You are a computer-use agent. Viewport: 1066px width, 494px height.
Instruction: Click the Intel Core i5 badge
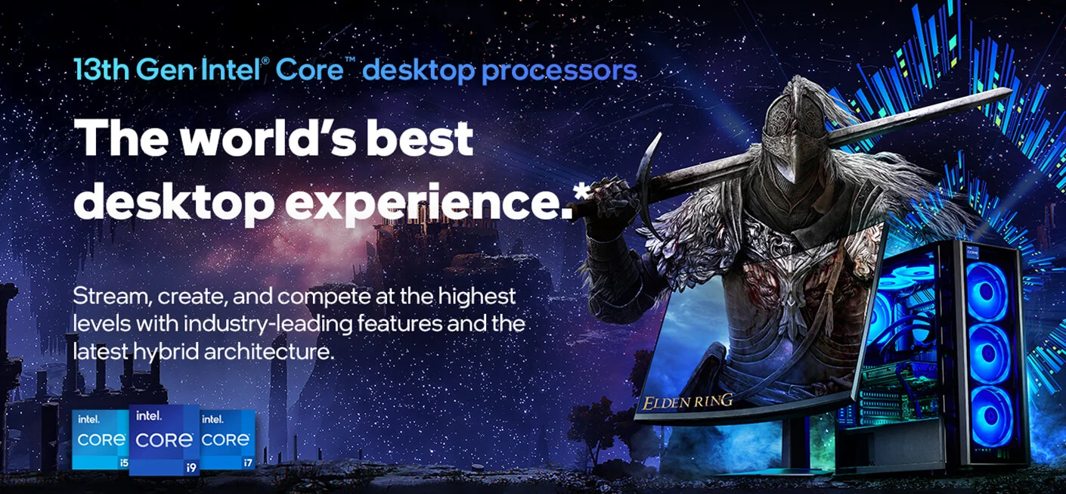pos(101,440)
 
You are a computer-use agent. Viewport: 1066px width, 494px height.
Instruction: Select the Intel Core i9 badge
pos(164,440)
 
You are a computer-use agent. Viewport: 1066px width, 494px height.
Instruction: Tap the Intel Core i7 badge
pos(228,440)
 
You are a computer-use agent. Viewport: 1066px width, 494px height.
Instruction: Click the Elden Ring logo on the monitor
pos(688,402)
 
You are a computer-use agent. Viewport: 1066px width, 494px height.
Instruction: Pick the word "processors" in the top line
pos(559,71)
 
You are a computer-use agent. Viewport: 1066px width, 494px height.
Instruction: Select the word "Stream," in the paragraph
pos(113,297)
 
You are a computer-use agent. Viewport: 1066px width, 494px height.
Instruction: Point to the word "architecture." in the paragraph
pos(269,352)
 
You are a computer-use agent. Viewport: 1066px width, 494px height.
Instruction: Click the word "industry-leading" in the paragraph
pos(268,325)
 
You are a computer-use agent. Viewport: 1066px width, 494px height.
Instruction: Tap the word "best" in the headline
pos(420,138)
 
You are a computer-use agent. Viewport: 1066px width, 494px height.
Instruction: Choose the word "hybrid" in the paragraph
pos(166,353)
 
